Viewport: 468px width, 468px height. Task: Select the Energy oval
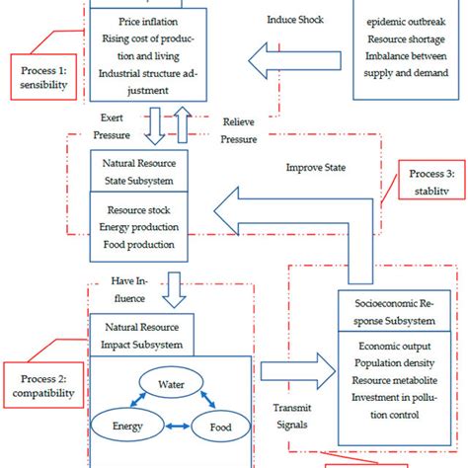tap(119, 427)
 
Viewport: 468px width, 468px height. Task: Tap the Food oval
tap(221, 427)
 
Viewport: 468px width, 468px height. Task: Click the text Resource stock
tap(140, 210)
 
